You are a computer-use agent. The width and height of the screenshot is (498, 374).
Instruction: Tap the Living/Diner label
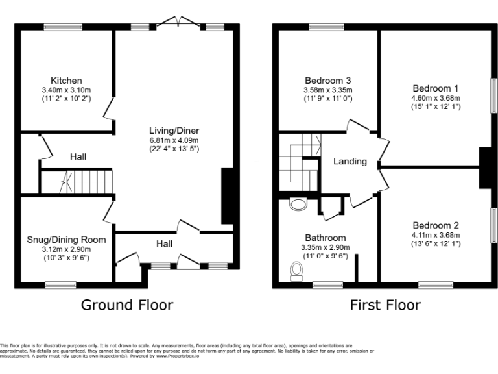coord(173,130)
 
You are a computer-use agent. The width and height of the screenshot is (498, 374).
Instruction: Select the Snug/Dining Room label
coord(65,240)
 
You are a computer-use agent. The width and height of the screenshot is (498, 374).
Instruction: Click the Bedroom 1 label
coord(435,88)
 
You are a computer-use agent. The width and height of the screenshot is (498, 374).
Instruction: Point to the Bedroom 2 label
coord(435,225)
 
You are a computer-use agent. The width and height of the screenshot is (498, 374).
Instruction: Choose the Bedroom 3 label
coord(327,81)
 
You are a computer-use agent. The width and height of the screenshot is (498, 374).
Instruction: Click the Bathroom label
coord(325,238)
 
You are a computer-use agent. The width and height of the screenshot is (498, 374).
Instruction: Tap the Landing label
coord(350,161)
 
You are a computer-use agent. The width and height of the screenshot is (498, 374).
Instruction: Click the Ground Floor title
coord(127,305)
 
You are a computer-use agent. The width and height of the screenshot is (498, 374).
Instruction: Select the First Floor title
coord(385,305)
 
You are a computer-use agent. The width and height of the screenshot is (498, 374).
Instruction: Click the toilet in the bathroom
coord(297,271)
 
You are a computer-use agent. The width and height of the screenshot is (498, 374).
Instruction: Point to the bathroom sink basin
coord(298,205)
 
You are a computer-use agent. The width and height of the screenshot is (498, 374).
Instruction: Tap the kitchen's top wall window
coord(63,27)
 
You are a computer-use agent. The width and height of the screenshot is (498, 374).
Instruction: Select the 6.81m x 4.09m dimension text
coord(173,140)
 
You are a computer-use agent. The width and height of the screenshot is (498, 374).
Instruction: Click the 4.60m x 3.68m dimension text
coord(435,98)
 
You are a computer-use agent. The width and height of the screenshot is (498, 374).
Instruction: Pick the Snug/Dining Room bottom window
coord(60,284)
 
